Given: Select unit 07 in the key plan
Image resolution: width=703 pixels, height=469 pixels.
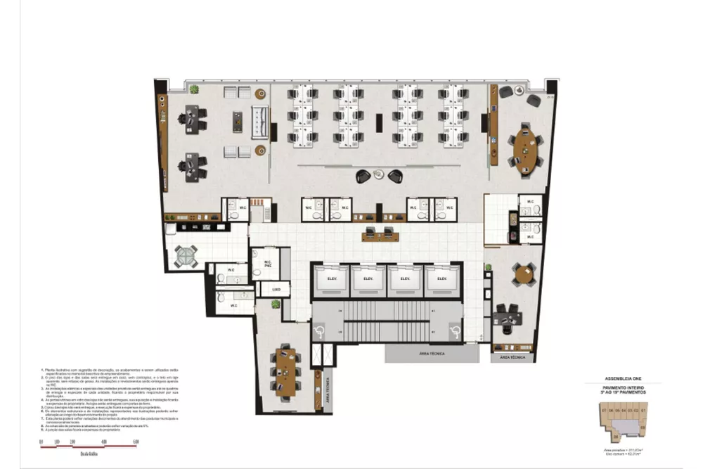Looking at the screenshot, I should coord(603,410).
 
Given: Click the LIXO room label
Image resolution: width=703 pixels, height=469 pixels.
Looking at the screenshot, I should coord(276,290).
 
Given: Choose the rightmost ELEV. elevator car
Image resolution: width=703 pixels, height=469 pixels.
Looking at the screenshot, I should coord(442,278).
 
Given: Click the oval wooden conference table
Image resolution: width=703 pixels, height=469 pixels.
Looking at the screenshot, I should coord(526,147).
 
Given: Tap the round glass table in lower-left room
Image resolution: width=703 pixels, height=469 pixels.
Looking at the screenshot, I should coord(186,257).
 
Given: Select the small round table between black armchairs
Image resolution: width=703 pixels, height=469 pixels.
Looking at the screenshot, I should coord(380,174).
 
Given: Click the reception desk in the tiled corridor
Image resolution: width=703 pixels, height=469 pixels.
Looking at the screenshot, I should coord(380,235).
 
